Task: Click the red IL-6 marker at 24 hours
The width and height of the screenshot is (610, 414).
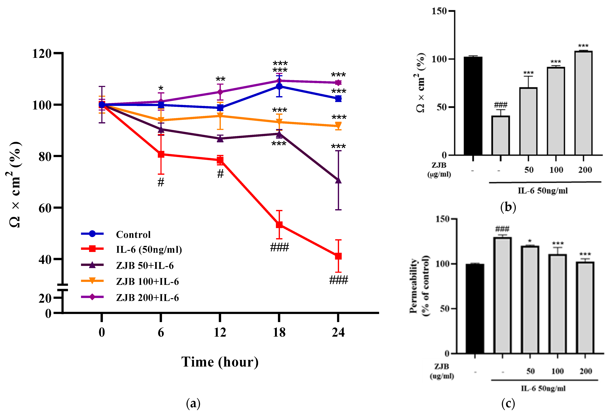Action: pyautogui.click(x=338, y=256)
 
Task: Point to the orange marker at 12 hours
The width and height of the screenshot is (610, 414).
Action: pyautogui.click(x=220, y=116)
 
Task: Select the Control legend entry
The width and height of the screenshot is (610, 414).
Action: pyautogui.click(x=133, y=234)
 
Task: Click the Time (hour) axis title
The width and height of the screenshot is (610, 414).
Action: pyautogui.click(x=220, y=362)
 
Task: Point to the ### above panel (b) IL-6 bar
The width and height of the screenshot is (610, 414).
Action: pyautogui.click(x=501, y=105)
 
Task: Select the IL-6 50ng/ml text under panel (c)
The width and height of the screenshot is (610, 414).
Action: pyautogui.click(x=543, y=388)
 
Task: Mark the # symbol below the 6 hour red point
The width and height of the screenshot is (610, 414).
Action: pyautogui.click(x=161, y=182)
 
